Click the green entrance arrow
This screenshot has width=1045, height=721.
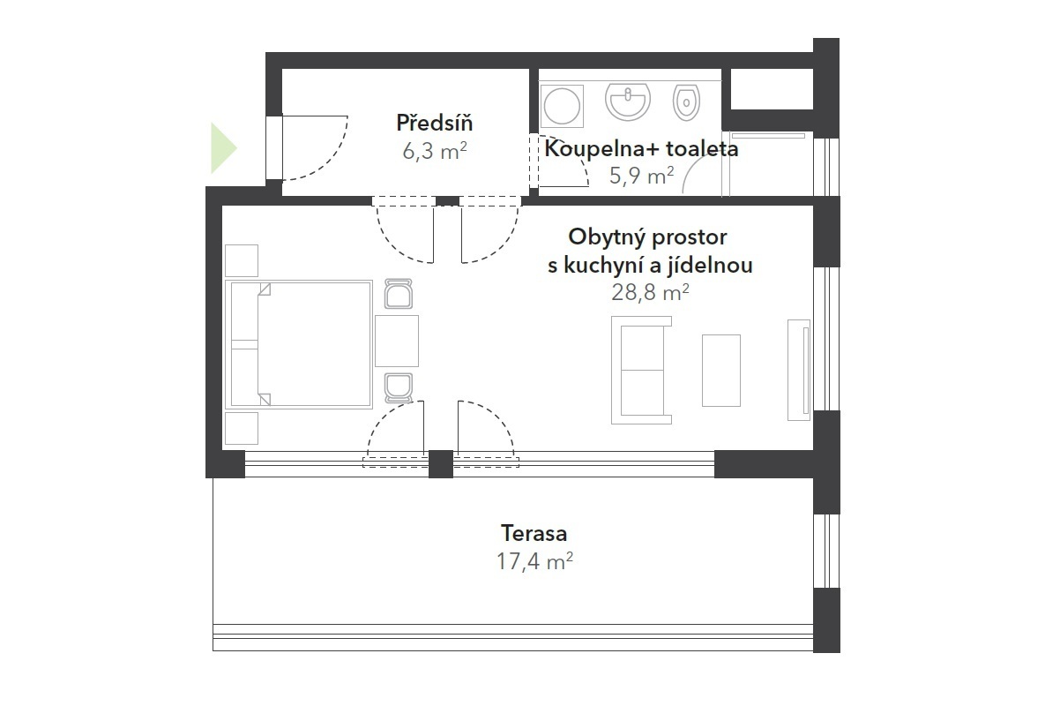coord(222,148)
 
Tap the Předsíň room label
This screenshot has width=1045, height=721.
coord(435,122)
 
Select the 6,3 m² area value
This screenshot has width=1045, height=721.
coord(435,152)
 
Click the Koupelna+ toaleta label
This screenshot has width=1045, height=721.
coord(641,148)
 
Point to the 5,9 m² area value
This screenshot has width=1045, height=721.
coord(641,176)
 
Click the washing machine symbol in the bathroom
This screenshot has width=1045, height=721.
coord(561,105)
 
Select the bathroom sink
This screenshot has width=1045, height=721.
coord(628,101)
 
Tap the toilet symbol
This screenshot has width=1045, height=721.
coord(686,102)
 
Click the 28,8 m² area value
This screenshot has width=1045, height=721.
coord(650,292)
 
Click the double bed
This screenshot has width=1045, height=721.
coord(299,344)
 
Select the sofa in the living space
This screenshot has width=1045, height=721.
coord(641,370)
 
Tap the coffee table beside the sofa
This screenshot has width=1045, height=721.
coord(721,370)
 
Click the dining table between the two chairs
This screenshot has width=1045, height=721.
coord(397,341)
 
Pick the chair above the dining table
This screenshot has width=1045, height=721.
coord(399,294)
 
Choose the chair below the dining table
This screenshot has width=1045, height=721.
coord(399,387)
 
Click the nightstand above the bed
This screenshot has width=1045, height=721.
coord(242,261)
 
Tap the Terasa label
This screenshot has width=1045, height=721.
coord(534,533)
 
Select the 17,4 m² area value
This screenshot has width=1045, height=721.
coord(534,561)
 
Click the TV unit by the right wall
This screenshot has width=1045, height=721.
coord(798,370)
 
